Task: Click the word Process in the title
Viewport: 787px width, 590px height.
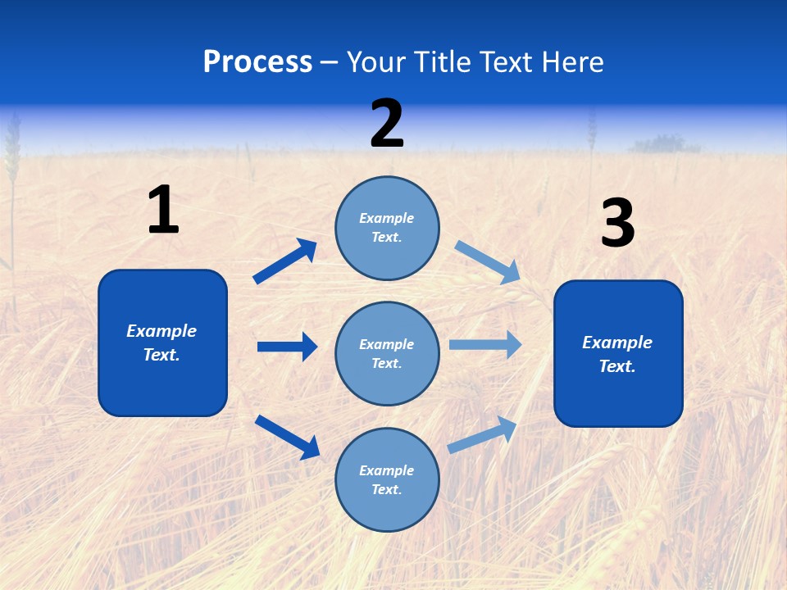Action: [257, 61]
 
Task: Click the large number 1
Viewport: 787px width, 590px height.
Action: [163, 210]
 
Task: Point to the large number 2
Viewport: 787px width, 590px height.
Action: [387, 124]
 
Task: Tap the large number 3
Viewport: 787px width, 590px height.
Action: [617, 224]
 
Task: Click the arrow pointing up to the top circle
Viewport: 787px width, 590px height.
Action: [285, 262]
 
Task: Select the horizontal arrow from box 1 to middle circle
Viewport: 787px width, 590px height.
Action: [287, 347]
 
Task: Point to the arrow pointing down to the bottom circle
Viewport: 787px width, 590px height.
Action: [287, 436]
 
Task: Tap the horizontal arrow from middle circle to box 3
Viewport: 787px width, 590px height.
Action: [485, 345]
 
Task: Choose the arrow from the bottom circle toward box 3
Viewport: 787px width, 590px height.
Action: [483, 434]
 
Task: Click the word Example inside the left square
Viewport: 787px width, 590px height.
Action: [161, 331]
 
